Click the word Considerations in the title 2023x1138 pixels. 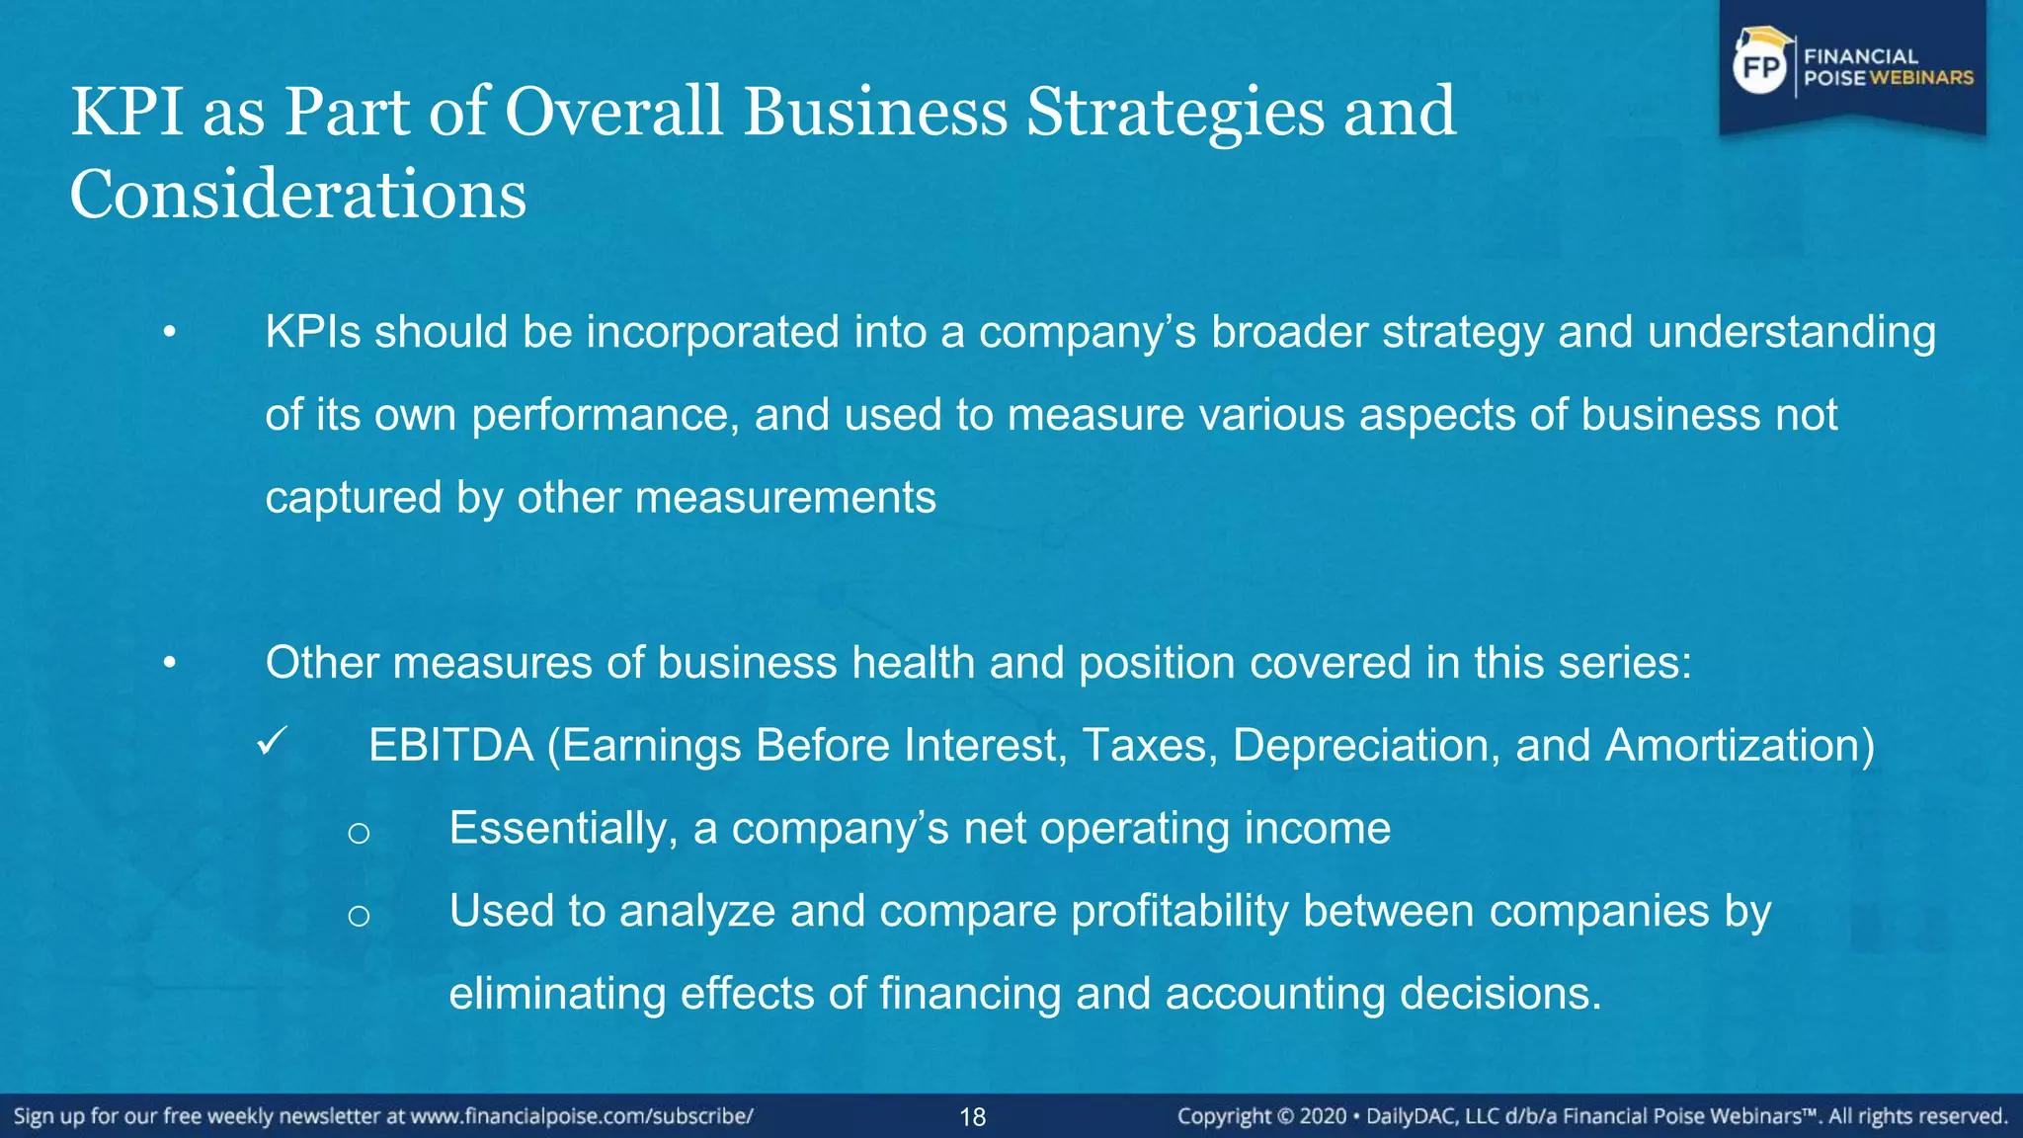click(x=297, y=194)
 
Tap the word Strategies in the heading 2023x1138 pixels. click(x=1174, y=111)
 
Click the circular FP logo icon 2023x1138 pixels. click(x=1761, y=67)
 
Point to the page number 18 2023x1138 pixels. click(x=973, y=1117)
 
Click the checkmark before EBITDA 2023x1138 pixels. click(x=272, y=741)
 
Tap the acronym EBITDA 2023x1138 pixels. click(x=450, y=746)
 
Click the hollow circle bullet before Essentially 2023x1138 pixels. click(x=359, y=833)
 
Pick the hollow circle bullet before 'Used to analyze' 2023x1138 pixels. click(x=359, y=916)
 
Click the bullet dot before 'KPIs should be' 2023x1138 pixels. click(x=170, y=333)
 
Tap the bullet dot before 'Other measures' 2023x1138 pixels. click(x=170, y=664)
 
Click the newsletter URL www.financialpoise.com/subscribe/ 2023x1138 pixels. click(x=582, y=1116)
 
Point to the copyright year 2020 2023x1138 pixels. click(x=1323, y=1116)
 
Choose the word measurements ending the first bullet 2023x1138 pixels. click(x=785, y=498)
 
